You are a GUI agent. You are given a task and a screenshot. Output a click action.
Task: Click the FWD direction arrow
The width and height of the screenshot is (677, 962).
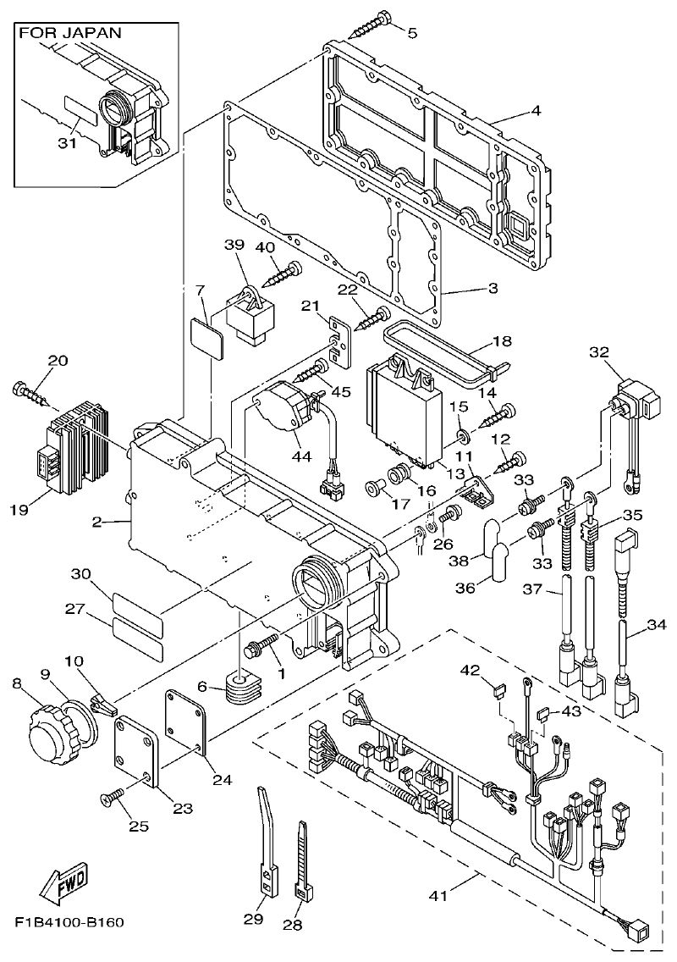pos(62,886)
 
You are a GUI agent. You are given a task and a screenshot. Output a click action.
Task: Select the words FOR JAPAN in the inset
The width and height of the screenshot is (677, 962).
pos(70,33)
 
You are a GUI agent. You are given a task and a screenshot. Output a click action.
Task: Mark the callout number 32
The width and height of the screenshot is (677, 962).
pos(599,351)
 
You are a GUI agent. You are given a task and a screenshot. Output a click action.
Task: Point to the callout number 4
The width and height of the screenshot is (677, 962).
pos(536,110)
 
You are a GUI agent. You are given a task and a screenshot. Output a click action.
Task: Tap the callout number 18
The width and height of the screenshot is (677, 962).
pos(502,341)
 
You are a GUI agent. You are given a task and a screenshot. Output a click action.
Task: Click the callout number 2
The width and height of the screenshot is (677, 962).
pos(97,522)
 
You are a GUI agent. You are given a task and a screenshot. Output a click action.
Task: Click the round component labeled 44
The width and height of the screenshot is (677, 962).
pos(284,410)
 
